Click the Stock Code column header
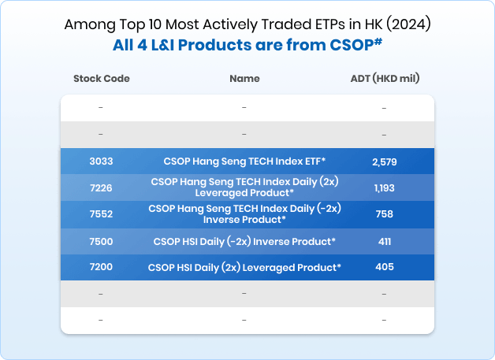101,79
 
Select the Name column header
244,79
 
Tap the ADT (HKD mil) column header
384,79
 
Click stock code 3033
101,161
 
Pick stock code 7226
101,187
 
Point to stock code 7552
101,214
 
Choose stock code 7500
101,241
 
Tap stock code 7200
101,267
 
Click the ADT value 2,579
384,161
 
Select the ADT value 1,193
384,187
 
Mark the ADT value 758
384,214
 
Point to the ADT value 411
384,241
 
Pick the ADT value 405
384,267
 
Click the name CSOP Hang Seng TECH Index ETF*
244,161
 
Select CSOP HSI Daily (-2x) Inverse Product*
244,241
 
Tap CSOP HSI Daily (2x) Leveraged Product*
244,267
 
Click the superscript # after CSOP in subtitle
378,40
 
